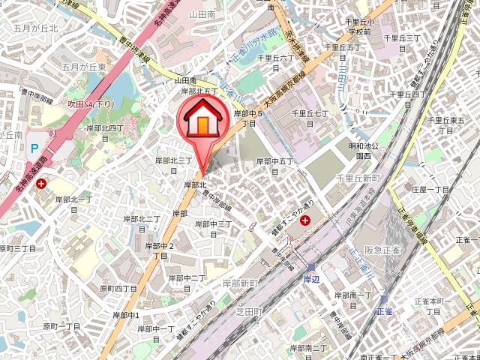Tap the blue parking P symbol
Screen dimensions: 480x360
click(x=34, y=149)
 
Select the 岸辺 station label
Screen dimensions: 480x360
click(x=311, y=278)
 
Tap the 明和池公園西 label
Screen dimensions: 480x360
click(x=363, y=151)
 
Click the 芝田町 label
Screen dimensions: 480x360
click(x=247, y=310)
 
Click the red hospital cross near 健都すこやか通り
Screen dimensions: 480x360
click(x=305, y=220)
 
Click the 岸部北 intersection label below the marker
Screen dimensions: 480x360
click(x=195, y=184)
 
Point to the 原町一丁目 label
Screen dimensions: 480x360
click(x=61, y=326)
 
